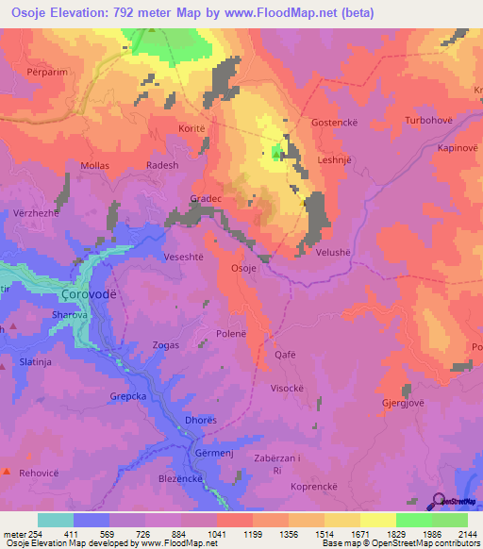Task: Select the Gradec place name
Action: pyautogui.click(x=206, y=199)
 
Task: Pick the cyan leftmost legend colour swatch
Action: pyautogui.click(x=55, y=520)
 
